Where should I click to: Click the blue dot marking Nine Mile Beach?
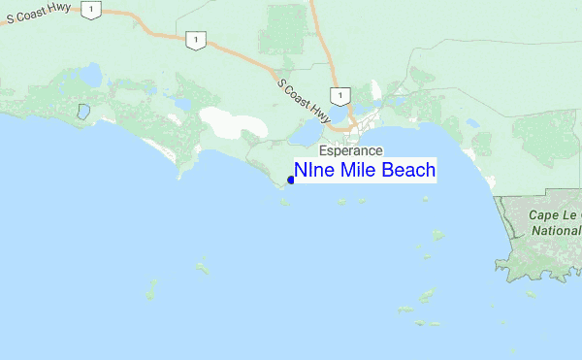tap(291, 179)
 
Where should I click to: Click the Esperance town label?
tap(351, 151)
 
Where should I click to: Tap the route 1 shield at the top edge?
tap(90, 10)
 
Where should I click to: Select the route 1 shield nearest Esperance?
tap(339, 95)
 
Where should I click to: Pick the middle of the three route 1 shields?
tap(197, 41)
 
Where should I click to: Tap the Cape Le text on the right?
tap(553, 214)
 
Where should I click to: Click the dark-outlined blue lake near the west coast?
tap(83, 112)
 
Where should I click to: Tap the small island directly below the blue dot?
tap(283, 202)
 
